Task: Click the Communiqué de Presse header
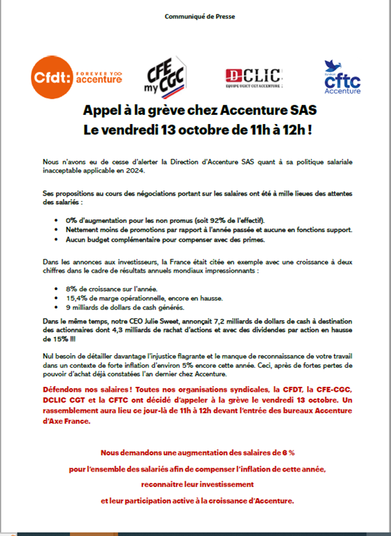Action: [195, 15]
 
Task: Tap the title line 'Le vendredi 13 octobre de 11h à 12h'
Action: [195, 130]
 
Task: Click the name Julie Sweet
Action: [146, 320]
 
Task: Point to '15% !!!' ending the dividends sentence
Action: [53, 340]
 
